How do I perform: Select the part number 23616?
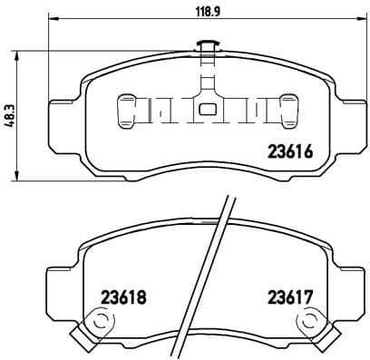coord(291,153)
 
